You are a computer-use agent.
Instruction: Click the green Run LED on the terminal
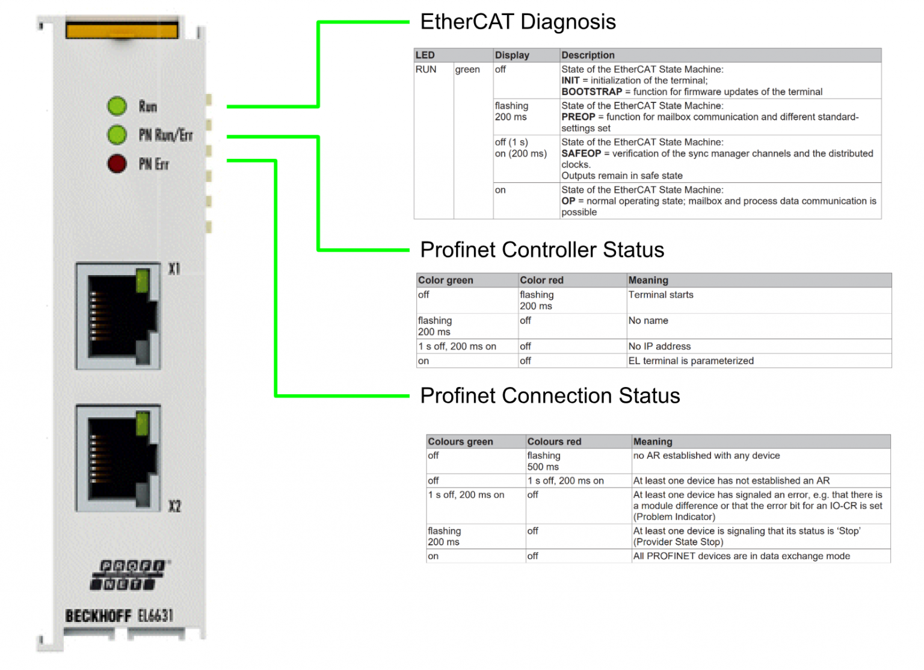click(x=117, y=106)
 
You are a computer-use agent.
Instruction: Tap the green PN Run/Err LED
click(x=117, y=134)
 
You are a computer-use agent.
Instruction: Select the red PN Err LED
click(x=117, y=163)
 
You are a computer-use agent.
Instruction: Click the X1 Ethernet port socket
click(x=118, y=315)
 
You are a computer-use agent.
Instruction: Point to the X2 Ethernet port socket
click(x=118, y=458)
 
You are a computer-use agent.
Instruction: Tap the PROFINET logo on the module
click(x=130, y=575)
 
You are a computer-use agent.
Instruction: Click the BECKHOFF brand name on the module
click(x=98, y=616)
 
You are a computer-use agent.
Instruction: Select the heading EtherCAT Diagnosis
click(x=518, y=22)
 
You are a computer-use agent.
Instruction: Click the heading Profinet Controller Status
click(x=542, y=250)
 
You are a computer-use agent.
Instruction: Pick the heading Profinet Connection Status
click(x=550, y=395)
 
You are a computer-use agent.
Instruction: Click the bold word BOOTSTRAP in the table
click(x=591, y=92)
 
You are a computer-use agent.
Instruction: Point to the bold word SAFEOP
click(x=581, y=154)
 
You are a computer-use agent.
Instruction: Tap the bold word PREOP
click(x=578, y=117)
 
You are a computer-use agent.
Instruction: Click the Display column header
click(x=512, y=55)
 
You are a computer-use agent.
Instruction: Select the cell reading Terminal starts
click(x=661, y=295)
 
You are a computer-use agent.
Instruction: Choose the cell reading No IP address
click(x=659, y=346)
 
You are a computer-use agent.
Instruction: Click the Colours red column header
click(x=554, y=441)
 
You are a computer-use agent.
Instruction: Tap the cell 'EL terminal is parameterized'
click(x=691, y=361)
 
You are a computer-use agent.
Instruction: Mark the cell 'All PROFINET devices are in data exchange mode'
click(x=741, y=556)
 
